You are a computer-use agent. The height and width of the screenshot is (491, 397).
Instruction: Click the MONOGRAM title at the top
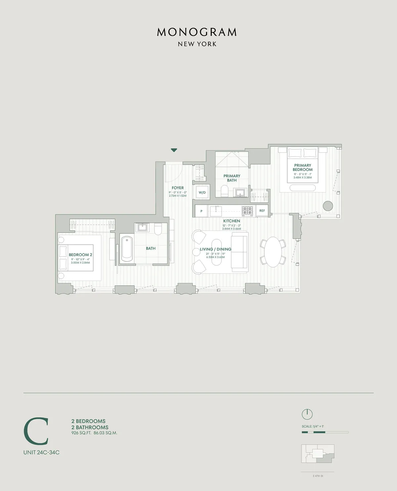tap(197, 32)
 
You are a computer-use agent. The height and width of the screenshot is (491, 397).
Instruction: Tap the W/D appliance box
tap(202, 192)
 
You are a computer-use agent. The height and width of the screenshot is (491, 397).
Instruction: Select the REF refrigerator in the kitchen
tap(262, 211)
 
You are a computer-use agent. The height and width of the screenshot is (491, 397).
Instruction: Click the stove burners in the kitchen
tap(247, 210)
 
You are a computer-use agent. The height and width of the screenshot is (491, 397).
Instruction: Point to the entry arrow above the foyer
tap(174, 150)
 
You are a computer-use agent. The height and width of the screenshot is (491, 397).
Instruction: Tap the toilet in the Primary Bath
tap(225, 191)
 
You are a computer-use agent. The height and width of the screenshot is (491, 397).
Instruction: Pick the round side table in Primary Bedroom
tap(328, 206)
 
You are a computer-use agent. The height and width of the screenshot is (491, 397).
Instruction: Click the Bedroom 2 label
tap(80, 255)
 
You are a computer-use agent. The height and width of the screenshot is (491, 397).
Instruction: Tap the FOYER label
tap(178, 188)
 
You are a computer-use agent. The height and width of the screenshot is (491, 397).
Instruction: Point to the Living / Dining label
tap(215, 249)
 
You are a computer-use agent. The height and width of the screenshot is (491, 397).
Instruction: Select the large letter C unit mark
tap(36, 431)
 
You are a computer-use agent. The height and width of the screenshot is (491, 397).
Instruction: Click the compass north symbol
tap(307, 414)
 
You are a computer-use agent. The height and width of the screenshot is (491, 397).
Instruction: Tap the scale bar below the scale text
tap(325, 432)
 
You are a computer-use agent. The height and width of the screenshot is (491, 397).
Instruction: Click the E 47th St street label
tap(318, 476)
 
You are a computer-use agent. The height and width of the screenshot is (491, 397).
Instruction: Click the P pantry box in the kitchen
tap(201, 211)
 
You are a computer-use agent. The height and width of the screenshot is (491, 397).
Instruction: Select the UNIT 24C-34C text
tap(41, 453)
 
